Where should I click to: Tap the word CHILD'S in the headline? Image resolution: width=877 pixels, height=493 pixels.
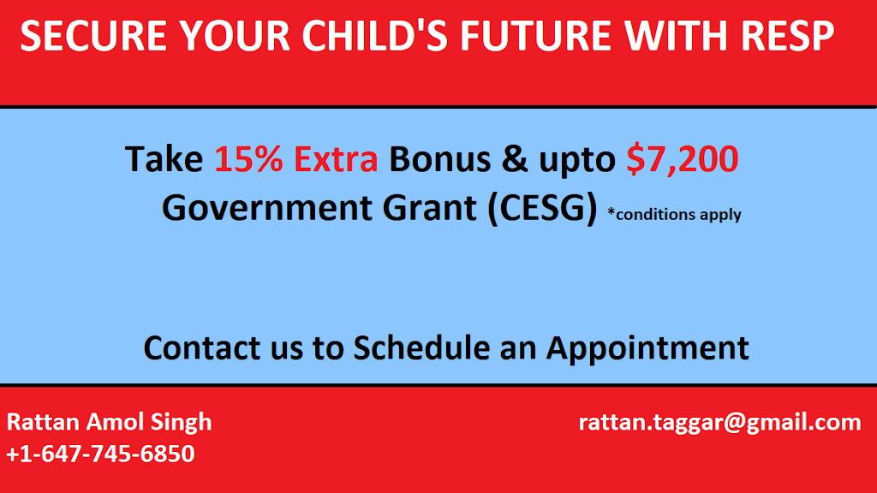(x=375, y=36)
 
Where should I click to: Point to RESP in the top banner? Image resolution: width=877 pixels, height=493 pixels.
(x=787, y=36)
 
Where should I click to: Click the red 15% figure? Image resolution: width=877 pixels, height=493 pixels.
(x=248, y=158)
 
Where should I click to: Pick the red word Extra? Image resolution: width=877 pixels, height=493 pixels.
(x=336, y=158)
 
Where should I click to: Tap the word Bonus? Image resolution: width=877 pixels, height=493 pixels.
(x=439, y=158)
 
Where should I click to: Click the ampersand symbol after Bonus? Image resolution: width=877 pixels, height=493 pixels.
(x=514, y=158)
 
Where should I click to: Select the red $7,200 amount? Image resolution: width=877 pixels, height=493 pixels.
(x=682, y=160)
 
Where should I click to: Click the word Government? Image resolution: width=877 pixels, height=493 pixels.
(x=267, y=208)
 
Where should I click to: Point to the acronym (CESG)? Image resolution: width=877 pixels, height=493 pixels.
(x=542, y=209)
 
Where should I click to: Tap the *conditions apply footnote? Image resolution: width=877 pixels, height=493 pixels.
(x=674, y=215)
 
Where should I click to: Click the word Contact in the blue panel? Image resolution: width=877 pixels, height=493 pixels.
(x=202, y=347)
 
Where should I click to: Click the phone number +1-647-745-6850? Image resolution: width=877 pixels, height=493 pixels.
(x=100, y=454)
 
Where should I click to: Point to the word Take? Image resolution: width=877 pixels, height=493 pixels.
(x=164, y=158)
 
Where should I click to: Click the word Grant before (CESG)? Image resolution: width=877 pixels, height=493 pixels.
(x=429, y=208)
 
